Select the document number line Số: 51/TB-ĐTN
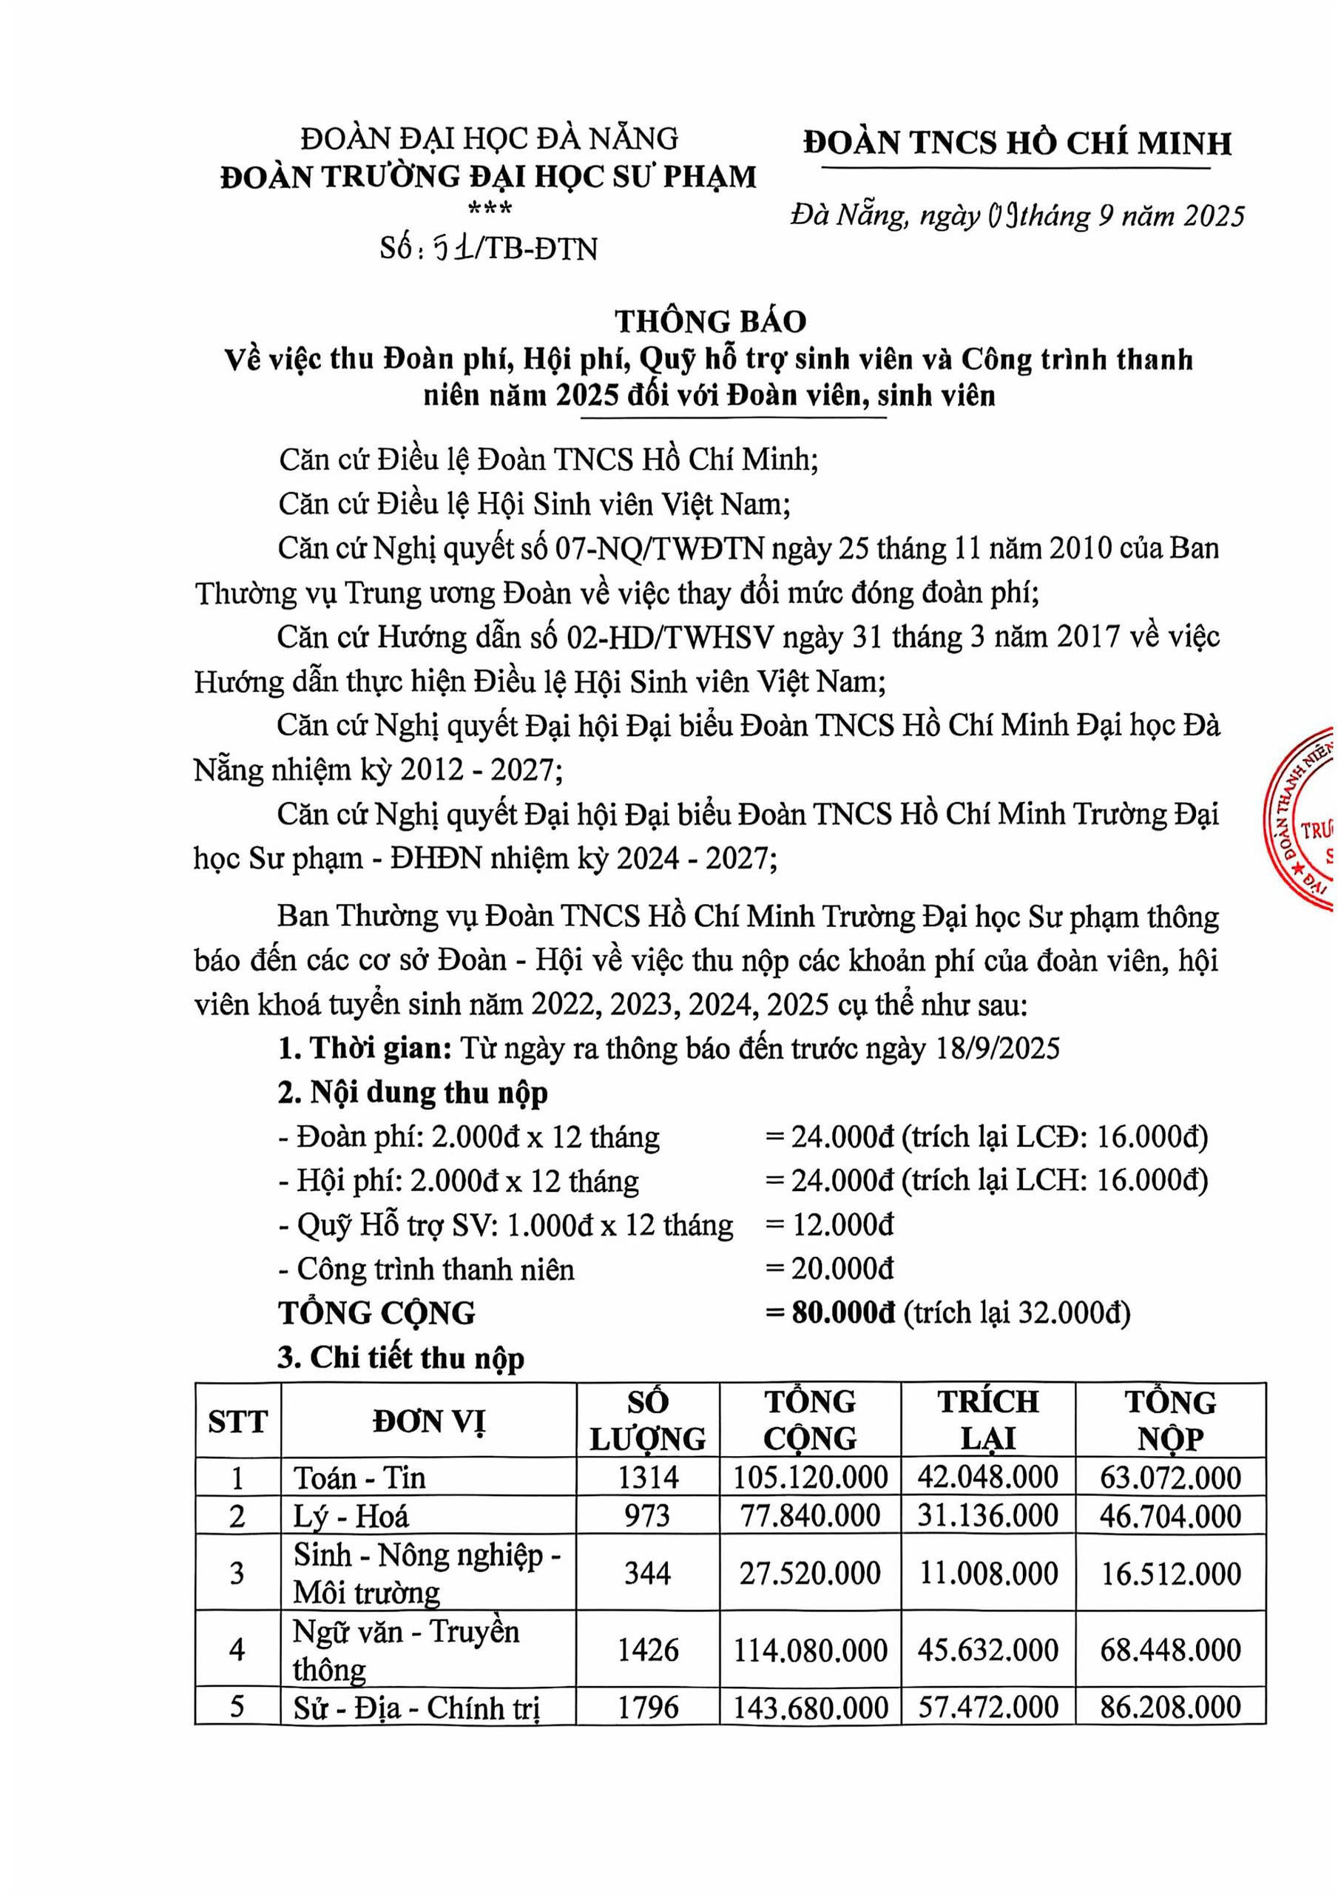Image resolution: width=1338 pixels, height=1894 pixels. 489,249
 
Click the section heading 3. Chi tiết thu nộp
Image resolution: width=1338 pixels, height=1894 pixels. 401,1358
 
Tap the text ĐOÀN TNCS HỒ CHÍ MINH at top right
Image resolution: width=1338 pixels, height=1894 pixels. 1018,144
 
